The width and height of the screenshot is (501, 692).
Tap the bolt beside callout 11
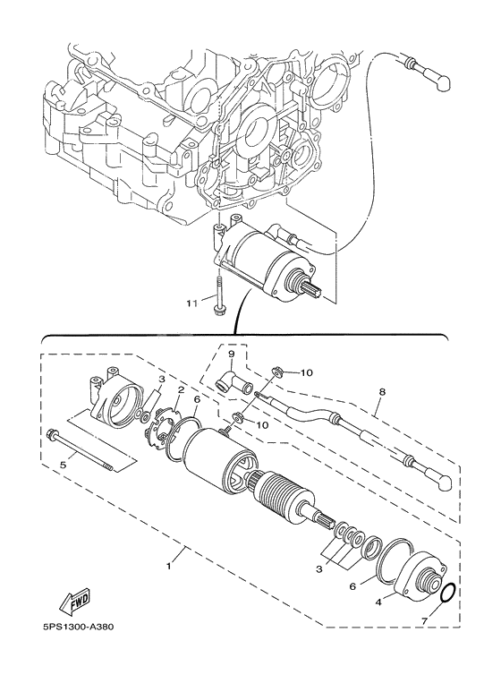click(x=217, y=299)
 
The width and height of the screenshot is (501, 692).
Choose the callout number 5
click(x=63, y=464)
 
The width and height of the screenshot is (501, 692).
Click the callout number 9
click(x=231, y=354)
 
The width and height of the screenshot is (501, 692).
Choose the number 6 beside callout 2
click(x=196, y=400)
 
